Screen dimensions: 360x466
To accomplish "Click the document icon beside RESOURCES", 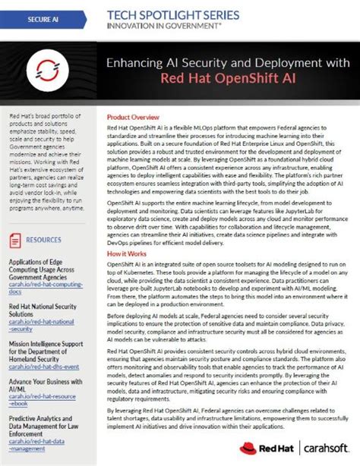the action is point(16,239).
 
